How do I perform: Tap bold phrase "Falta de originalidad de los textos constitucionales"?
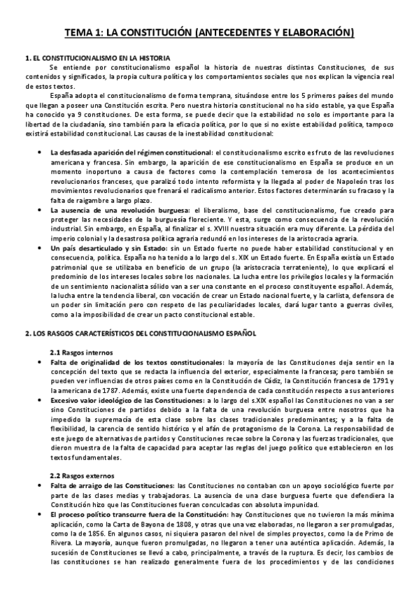137,362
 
